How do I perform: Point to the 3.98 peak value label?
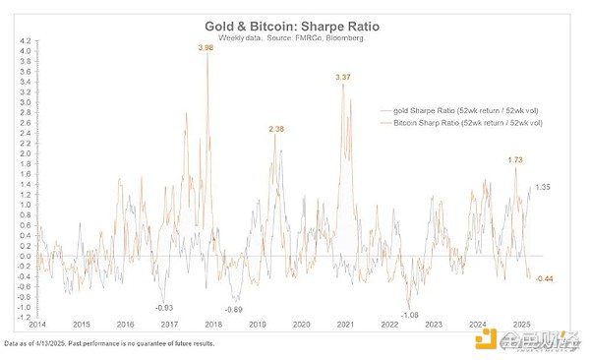[205, 47]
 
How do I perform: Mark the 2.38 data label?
[277, 129]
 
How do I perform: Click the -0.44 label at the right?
[547, 278]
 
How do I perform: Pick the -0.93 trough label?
[165, 308]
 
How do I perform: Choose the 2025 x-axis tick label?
[522, 325]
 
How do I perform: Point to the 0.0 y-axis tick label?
[22, 255]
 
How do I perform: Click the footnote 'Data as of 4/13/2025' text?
[107, 344]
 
